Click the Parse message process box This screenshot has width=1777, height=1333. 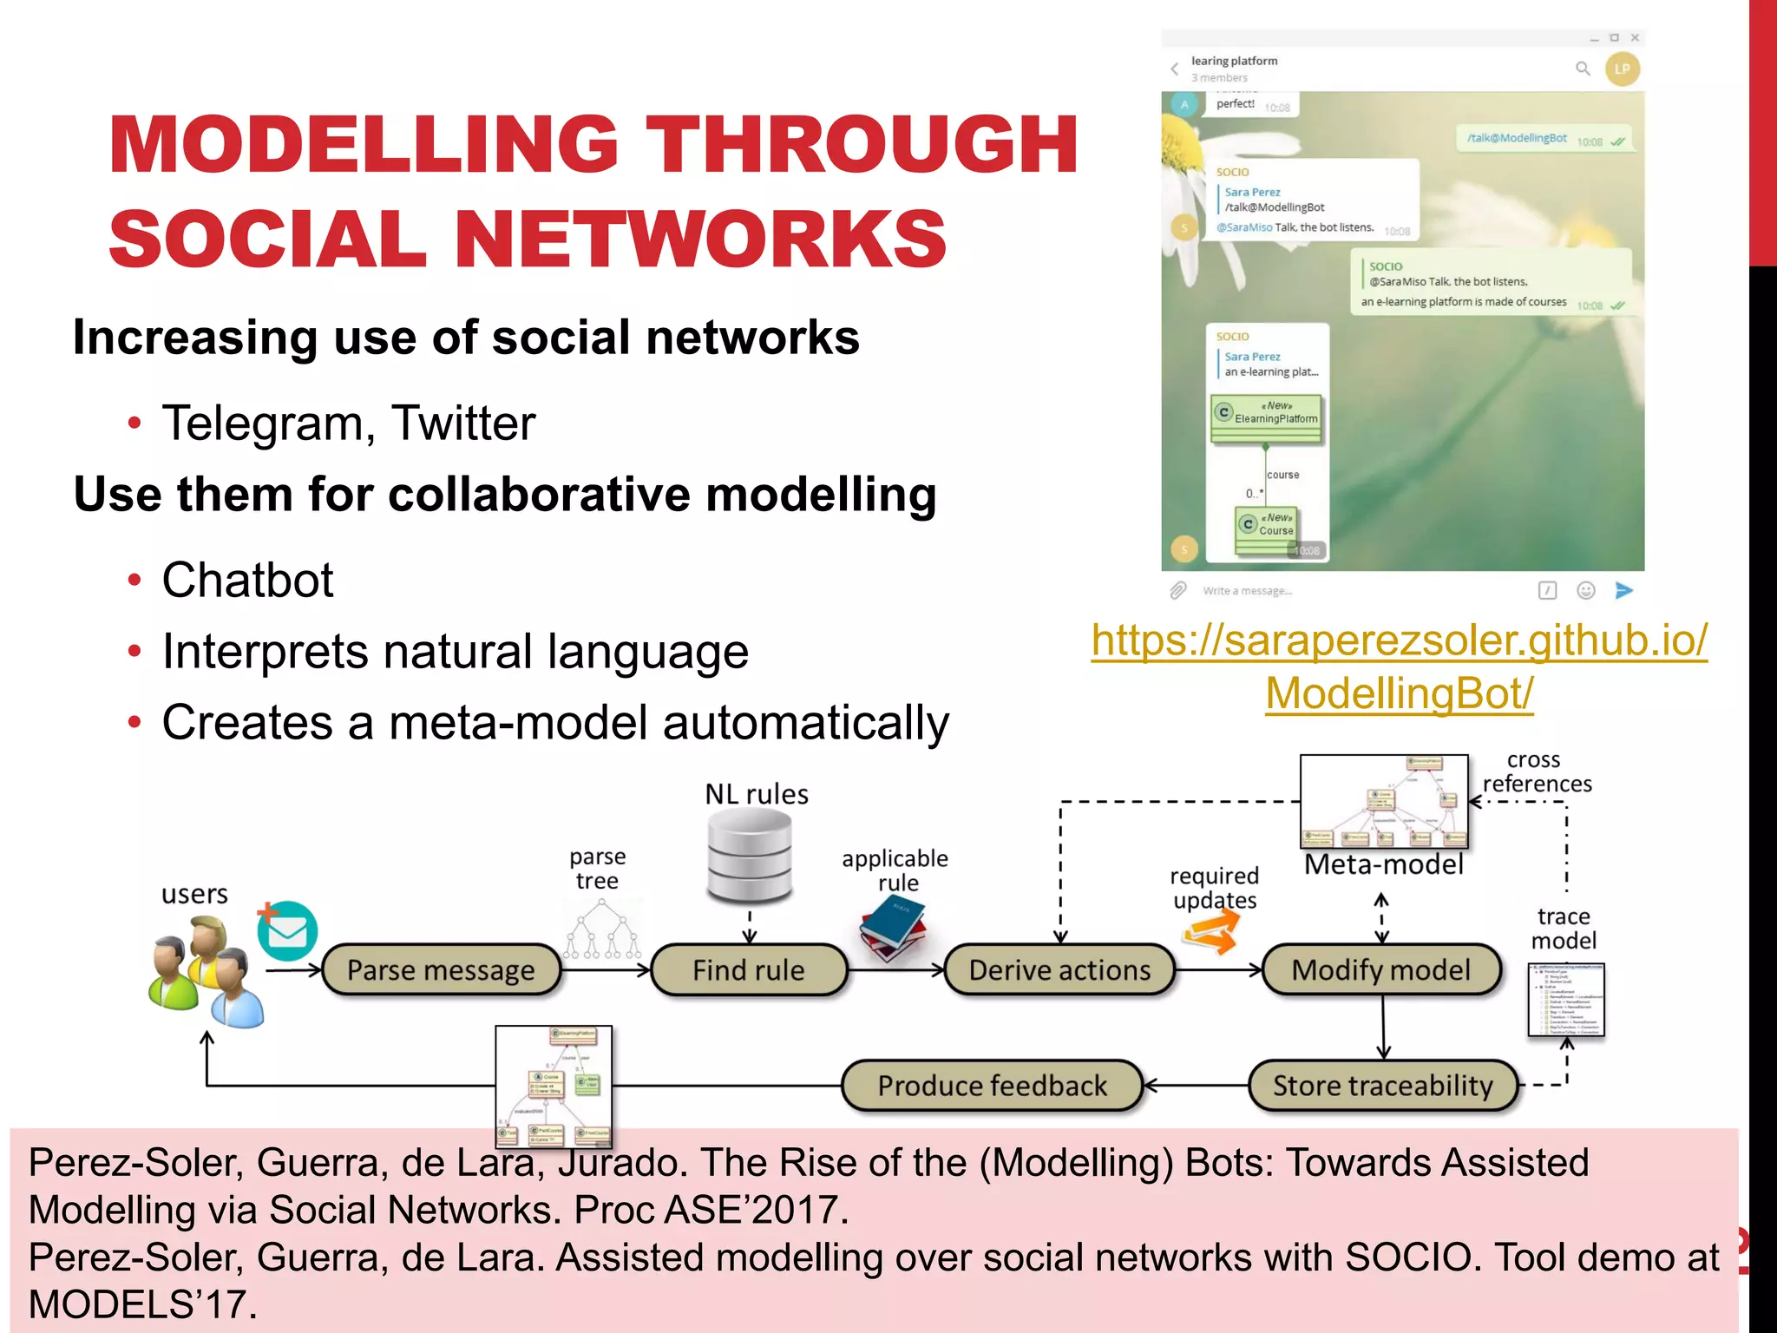pyautogui.click(x=441, y=969)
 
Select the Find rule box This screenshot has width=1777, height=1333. pyautogui.click(x=748, y=969)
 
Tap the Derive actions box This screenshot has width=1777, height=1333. pyautogui.click(x=1059, y=969)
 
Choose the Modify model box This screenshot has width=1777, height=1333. pyautogui.click(x=1380, y=969)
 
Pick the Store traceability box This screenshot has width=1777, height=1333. pyautogui.click(x=1382, y=1086)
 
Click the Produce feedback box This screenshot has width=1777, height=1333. pyautogui.click(x=992, y=1086)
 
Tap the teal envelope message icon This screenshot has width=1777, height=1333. pyautogui.click(x=287, y=931)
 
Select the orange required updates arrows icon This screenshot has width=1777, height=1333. pyautogui.click(x=1210, y=935)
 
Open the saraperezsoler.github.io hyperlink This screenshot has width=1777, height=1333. pyautogui.click(x=1399, y=666)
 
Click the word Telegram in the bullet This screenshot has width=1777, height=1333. pyautogui.click(x=268, y=424)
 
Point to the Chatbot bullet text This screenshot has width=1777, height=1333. pyautogui.click(x=247, y=580)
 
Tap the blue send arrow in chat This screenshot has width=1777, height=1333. pyautogui.click(x=1623, y=591)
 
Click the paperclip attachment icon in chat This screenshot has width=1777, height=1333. pyautogui.click(x=1177, y=591)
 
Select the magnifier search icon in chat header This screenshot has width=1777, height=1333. pyautogui.click(x=1583, y=69)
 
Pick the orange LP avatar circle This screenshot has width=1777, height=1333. pyautogui.click(x=1622, y=69)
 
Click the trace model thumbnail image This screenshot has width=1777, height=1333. pyautogui.click(x=1565, y=1000)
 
